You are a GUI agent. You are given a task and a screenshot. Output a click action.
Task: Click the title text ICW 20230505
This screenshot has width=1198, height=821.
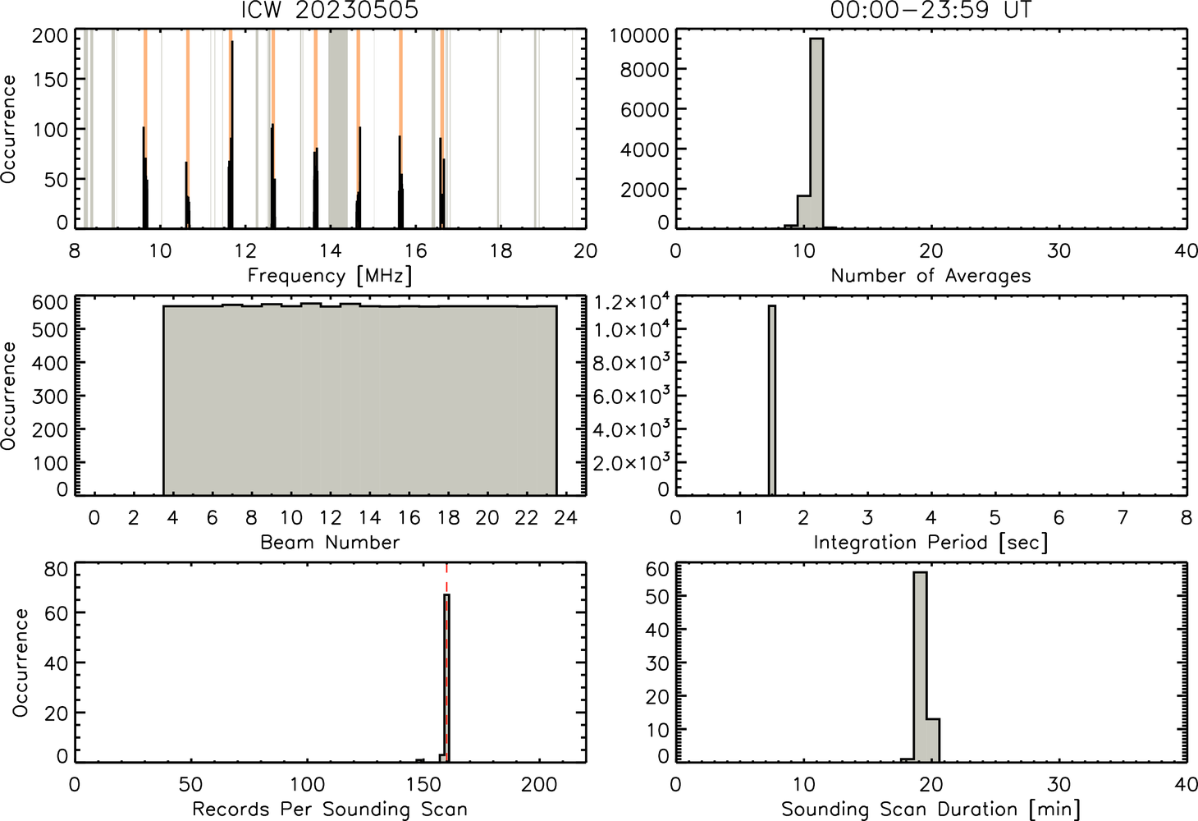[x=330, y=10]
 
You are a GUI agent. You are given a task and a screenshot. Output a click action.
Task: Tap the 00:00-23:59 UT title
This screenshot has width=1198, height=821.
[x=931, y=10]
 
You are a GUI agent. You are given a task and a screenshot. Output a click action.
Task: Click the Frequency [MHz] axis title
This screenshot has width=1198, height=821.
[x=330, y=276]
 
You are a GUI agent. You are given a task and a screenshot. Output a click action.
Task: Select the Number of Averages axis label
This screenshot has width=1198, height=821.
[x=931, y=276]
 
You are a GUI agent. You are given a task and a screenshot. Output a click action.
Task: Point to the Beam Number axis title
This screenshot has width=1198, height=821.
[x=330, y=543]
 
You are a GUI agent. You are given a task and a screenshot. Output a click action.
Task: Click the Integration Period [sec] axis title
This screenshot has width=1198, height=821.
[x=931, y=543]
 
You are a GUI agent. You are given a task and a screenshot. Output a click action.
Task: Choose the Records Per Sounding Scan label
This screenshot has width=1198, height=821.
[x=330, y=809]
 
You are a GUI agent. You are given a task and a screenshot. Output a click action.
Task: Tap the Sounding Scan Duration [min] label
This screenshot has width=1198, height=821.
[x=931, y=809]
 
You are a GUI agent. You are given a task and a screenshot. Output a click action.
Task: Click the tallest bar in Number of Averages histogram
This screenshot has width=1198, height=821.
[x=816, y=133]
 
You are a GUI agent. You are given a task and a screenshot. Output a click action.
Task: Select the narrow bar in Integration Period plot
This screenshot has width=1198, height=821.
[x=772, y=401]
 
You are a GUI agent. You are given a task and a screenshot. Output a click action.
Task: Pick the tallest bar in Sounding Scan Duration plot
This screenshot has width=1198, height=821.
[x=920, y=667]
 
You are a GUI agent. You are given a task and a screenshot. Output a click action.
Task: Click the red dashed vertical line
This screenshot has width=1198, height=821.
[x=446, y=663]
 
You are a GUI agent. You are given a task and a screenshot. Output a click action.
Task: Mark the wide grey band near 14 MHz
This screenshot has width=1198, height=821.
[x=338, y=128]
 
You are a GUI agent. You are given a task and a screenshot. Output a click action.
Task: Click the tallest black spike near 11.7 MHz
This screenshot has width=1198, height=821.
[x=232, y=135]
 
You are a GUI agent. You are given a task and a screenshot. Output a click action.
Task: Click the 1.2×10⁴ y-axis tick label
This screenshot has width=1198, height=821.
[x=632, y=302]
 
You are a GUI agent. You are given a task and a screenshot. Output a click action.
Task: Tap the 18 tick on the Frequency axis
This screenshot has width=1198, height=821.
[x=501, y=250]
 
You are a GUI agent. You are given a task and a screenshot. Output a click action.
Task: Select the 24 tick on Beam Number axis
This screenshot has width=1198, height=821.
[x=566, y=517]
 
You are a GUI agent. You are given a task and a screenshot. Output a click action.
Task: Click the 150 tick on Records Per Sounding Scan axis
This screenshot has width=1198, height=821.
[x=423, y=784]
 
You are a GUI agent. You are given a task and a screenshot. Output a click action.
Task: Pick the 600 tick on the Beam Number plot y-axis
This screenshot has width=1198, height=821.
[x=50, y=302]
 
